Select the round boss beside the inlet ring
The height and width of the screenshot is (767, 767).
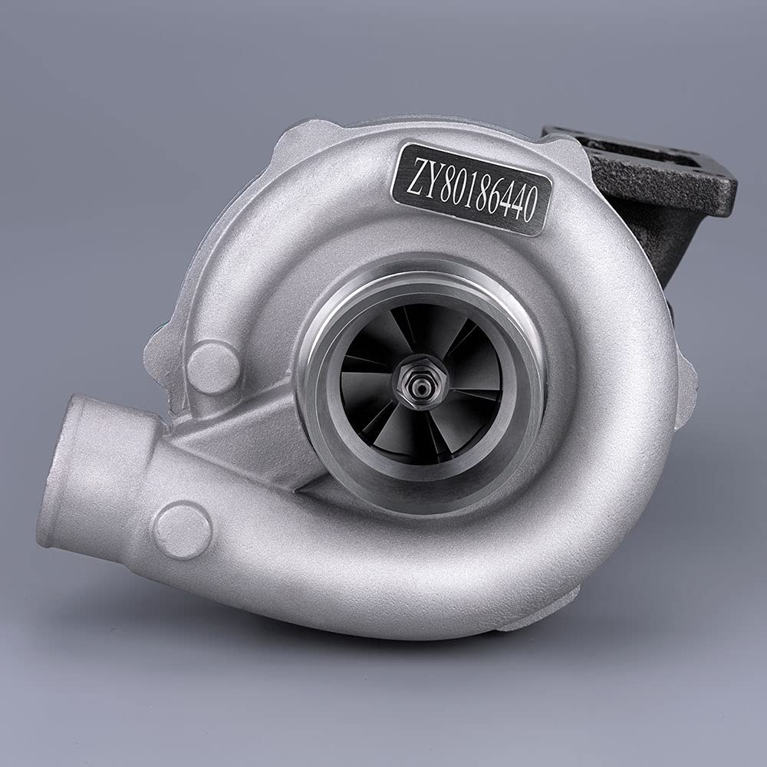tap(213, 367)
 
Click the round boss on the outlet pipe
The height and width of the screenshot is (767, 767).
tap(183, 530)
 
